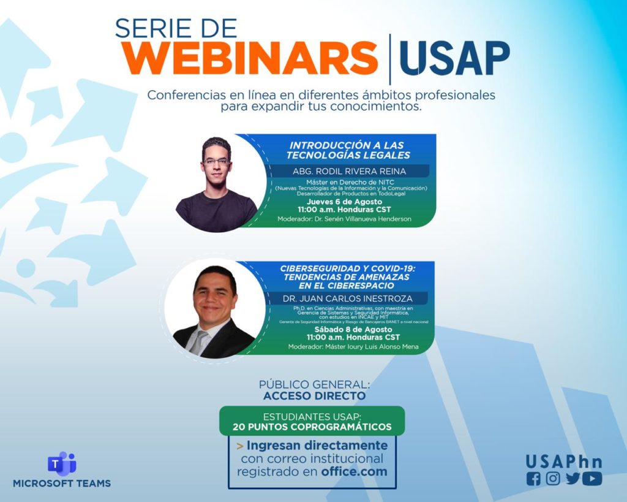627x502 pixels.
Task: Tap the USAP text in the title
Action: pos(454,59)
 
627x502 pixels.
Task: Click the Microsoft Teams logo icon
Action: pos(61,463)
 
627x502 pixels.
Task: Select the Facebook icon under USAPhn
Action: pos(533,479)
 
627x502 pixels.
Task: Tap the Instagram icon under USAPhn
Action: pos(553,479)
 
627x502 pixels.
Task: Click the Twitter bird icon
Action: pos(573,479)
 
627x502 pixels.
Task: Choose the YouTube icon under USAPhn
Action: pos(592,479)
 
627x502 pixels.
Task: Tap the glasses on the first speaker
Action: pos(216,162)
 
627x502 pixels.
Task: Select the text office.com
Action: pos(355,472)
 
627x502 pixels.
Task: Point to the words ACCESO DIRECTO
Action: pos(314,396)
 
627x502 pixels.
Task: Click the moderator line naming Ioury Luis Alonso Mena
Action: pos(353,347)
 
